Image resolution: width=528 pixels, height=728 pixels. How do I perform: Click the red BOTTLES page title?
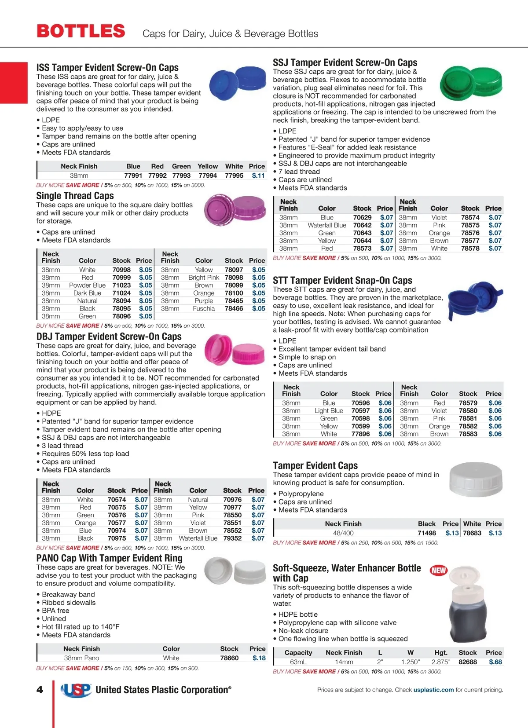[x=81, y=31]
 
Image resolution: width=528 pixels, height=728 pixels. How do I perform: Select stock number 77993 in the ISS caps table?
[x=181, y=176]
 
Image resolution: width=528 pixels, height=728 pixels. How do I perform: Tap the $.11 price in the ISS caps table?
[x=258, y=176]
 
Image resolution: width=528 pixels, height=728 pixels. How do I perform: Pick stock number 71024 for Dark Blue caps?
[x=121, y=293]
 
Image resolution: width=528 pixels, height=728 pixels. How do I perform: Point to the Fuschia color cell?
[x=204, y=308]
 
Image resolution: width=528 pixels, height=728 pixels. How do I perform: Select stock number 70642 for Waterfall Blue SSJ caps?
[x=362, y=225]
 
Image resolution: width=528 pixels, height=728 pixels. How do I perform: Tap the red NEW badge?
[x=438, y=571]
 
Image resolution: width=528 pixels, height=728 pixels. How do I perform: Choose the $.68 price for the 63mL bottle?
[x=495, y=662]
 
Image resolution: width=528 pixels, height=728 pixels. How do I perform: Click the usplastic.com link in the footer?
[x=433, y=690]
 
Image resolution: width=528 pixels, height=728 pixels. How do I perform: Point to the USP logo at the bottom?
[x=76, y=690]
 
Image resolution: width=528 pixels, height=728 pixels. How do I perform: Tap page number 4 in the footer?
[x=40, y=690]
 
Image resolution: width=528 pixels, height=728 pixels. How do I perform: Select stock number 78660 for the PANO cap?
[x=229, y=658]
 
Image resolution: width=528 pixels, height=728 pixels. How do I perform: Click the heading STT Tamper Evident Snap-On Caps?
[x=342, y=280]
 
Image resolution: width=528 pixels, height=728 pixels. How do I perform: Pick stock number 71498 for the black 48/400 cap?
[x=427, y=533]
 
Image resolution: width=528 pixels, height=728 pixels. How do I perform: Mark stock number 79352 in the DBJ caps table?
[x=232, y=538]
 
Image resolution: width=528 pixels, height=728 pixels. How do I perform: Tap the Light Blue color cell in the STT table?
[x=329, y=410]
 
